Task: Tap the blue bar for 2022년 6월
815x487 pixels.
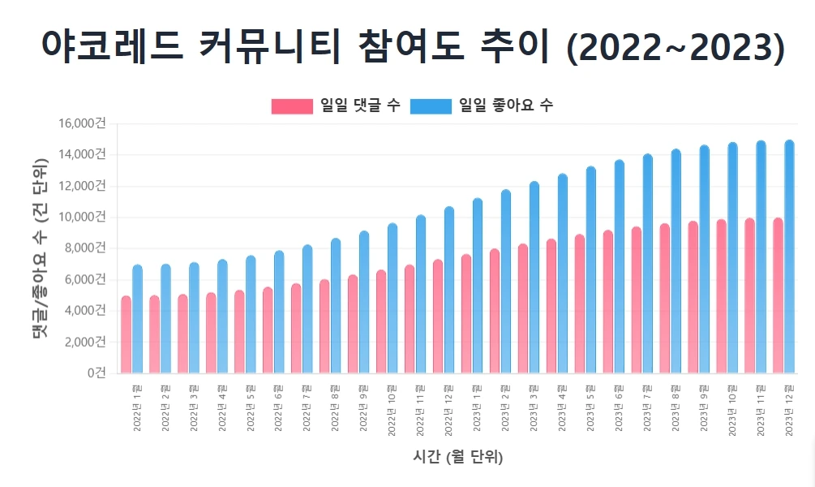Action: (279, 312)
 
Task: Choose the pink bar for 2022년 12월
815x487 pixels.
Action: (438, 317)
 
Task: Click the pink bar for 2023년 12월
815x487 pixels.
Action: (778, 295)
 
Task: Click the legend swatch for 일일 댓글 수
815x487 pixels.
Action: (292, 106)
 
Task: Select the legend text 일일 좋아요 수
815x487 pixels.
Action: (505, 106)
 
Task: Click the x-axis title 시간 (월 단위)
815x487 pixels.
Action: (458, 458)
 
